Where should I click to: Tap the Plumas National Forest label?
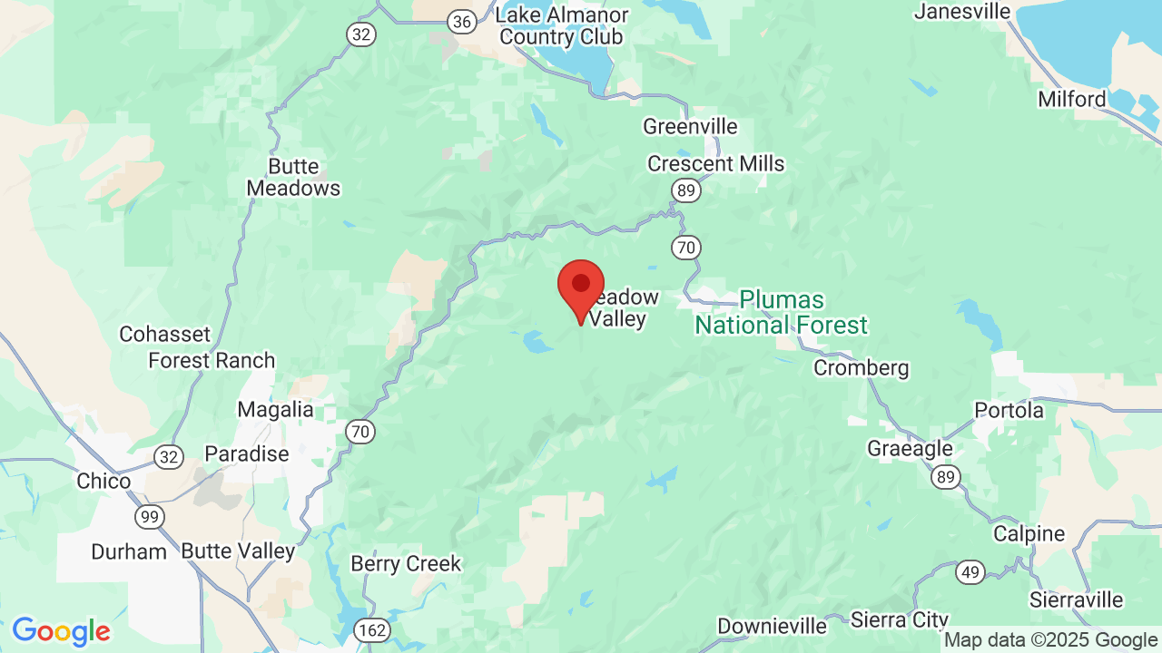(781, 312)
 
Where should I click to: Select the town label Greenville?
(690, 126)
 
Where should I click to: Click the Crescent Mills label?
(715, 164)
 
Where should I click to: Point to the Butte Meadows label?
(293, 178)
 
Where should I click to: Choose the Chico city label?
(103, 481)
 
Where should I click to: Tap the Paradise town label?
(246, 453)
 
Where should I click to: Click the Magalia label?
(275, 410)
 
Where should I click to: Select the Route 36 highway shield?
(463, 22)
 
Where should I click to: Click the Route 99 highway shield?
(150, 517)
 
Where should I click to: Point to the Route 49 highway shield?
(970, 571)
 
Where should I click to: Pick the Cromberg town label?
(861, 368)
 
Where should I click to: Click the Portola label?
(1009, 411)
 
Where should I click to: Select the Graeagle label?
(910, 449)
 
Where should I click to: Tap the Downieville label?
(772, 626)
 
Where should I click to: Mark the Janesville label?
(962, 12)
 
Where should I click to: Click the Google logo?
(61, 631)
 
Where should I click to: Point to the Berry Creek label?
(406, 563)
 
